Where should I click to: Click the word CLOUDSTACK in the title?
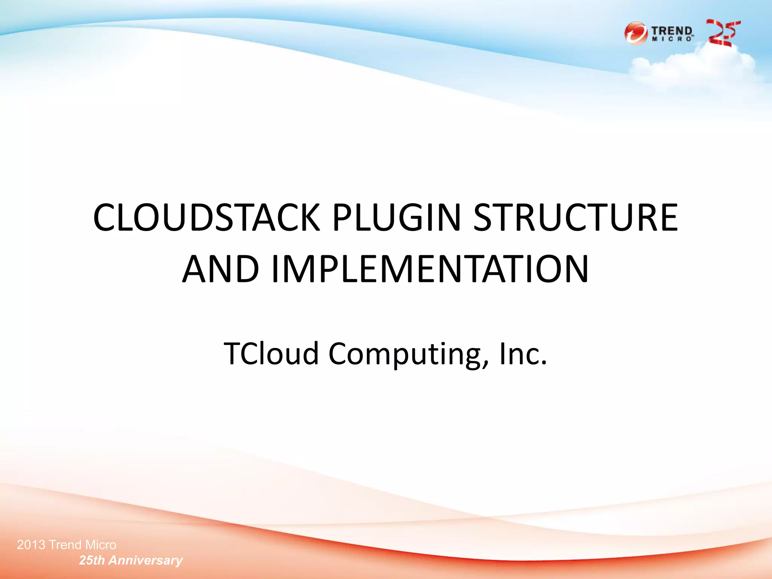click(206, 218)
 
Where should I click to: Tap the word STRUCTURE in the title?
click(576, 218)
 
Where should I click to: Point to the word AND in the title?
click(221, 269)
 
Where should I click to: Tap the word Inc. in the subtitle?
click(523, 354)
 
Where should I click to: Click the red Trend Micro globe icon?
click(636, 33)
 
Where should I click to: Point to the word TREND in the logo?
click(672, 31)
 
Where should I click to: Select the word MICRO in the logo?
click(672, 39)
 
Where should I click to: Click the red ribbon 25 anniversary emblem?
click(723, 33)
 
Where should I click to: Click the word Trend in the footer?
click(65, 545)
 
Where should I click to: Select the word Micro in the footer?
click(101, 545)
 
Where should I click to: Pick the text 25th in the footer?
click(92, 560)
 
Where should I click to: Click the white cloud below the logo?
click(694, 66)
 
